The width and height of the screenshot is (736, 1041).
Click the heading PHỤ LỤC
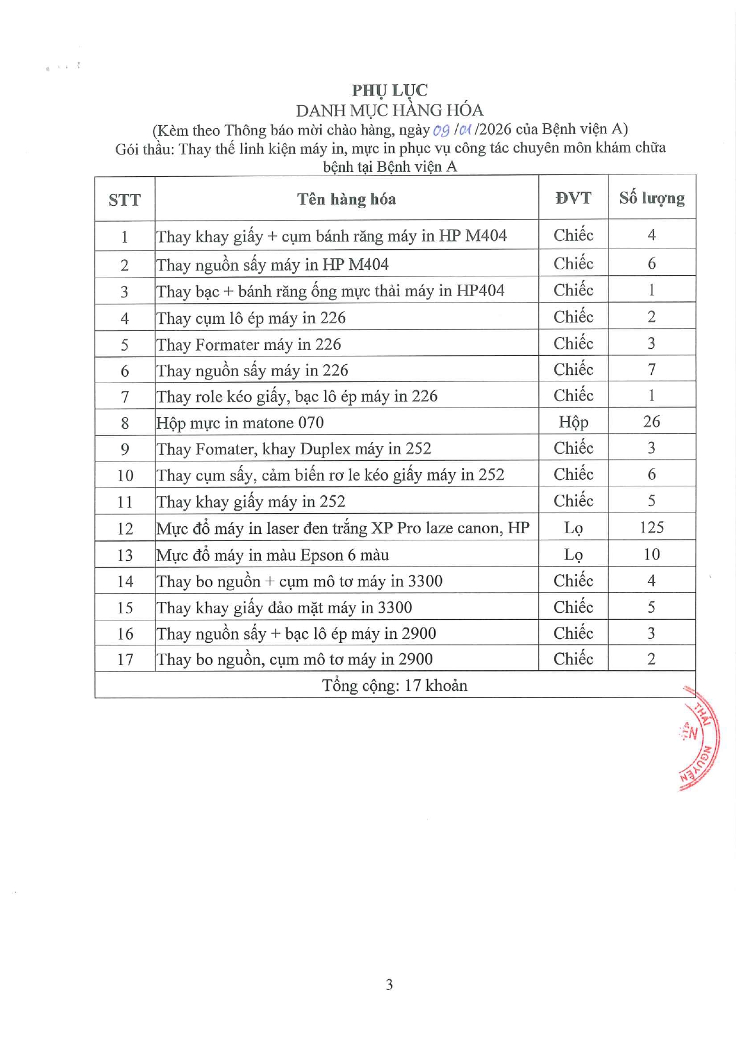(389, 90)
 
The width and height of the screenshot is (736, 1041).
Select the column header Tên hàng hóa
(346, 199)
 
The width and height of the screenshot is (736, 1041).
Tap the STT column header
(125, 200)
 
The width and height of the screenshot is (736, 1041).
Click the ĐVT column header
(573, 198)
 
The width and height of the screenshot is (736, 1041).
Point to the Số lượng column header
(652, 198)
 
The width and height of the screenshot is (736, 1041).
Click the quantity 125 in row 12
(651, 527)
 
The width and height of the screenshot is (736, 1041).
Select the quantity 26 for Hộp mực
(651, 422)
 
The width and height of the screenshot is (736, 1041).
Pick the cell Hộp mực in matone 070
(240, 423)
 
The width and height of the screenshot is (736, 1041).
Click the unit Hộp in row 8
(573, 422)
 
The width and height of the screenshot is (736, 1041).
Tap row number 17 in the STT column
(125, 660)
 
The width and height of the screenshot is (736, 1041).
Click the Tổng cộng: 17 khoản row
(394, 686)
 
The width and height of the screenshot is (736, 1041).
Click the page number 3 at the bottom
(389, 985)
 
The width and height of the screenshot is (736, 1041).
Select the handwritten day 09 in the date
(441, 130)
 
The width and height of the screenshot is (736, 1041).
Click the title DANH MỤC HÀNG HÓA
(389, 110)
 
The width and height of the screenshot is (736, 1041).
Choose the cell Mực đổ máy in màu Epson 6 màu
(272, 555)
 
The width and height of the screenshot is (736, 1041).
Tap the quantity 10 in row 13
(651, 554)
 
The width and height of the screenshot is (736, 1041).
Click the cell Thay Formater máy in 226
(248, 345)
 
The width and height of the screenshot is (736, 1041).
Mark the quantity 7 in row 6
(651, 370)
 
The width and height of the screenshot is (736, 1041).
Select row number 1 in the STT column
(125, 237)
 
